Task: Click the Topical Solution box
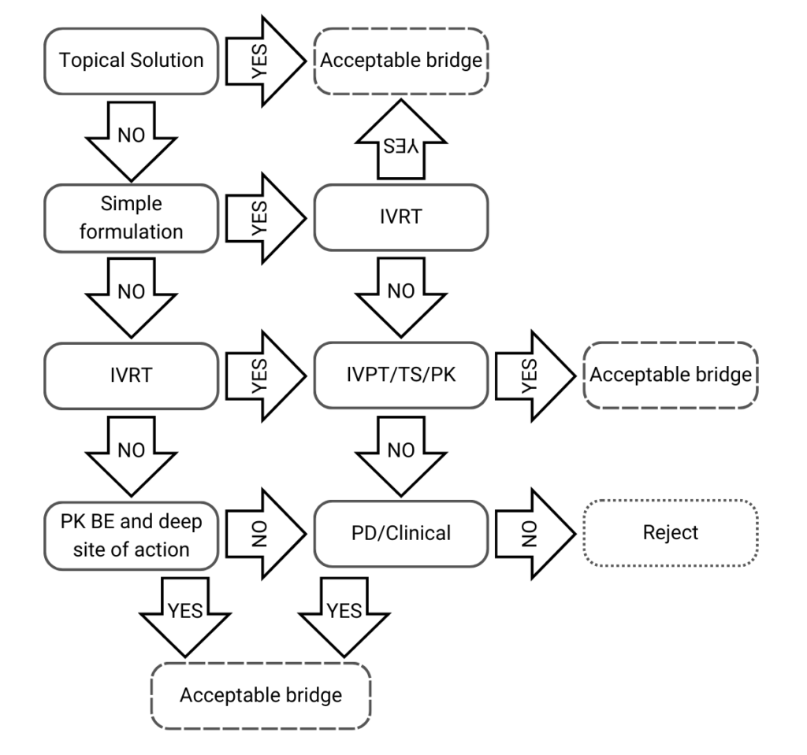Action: point(132,61)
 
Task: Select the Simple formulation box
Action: point(132,218)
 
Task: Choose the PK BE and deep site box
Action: point(132,532)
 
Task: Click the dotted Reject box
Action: point(670,532)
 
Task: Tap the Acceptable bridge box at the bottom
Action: point(260,695)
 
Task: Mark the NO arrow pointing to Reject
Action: point(532,532)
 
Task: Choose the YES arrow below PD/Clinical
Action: point(344,614)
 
